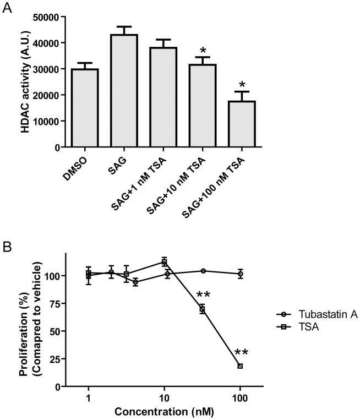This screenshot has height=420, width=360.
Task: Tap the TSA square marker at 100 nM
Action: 240,366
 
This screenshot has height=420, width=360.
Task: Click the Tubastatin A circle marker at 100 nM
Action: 240,274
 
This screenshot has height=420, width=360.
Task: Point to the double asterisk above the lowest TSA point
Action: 242,353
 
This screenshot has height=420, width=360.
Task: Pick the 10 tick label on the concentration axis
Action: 164,397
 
